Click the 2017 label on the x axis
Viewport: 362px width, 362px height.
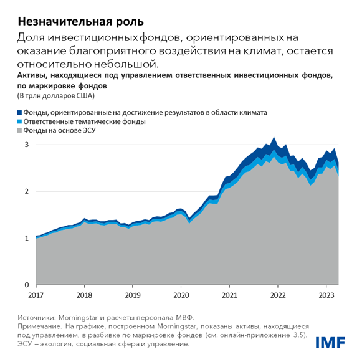(36, 293)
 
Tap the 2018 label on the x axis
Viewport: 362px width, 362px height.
(84, 293)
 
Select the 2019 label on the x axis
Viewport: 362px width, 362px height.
(132, 293)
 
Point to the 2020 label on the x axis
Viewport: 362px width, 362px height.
(180, 293)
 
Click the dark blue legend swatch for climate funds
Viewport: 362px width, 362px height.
(21, 113)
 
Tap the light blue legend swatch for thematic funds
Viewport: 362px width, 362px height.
(21, 122)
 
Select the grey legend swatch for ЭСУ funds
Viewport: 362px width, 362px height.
(21, 131)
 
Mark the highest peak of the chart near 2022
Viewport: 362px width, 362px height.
(274, 137)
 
